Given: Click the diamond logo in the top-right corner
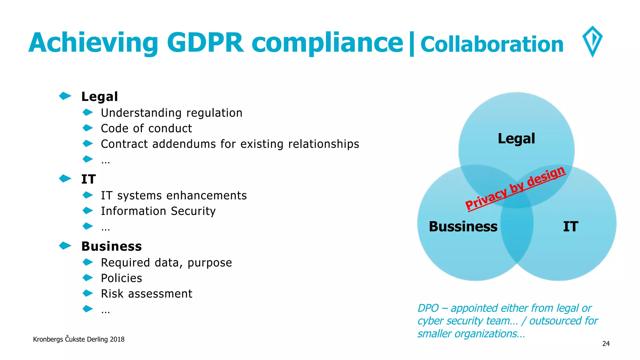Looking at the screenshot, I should click(592, 41).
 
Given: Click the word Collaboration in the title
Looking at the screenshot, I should click(492, 44).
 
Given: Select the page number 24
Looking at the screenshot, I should click(606, 344).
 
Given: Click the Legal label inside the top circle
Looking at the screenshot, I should click(516, 138).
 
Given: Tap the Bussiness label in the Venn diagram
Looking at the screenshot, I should click(463, 227).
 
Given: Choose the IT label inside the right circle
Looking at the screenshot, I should click(570, 227).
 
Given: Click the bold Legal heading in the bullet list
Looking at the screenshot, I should click(99, 97).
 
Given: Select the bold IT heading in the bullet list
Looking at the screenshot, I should click(88, 179).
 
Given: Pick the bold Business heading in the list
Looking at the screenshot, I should click(111, 246).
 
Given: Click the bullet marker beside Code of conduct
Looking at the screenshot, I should click(88, 128).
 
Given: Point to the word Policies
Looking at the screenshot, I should click(121, 278).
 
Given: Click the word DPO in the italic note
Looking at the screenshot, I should click(428, 308).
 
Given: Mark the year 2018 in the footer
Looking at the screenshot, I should click(117, 339).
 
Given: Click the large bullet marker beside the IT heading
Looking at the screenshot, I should click(65, 178).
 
